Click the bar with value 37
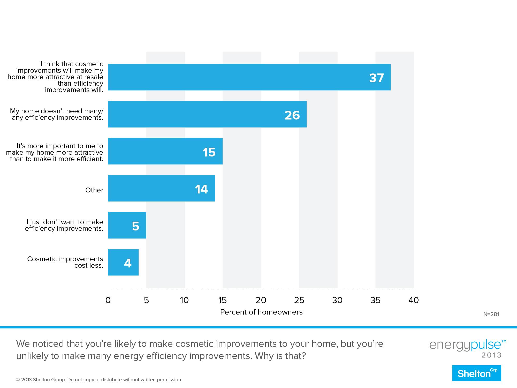(x=249, y=77)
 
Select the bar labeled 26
(x=207, y=114)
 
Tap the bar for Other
(x=161, y=188)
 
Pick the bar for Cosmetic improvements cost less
(x=123, y=262)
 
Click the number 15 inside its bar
(x=209, y=152)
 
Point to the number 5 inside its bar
(x=135, y=226)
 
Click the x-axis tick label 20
(x=261, y=300)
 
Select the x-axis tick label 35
(x=375, y=300)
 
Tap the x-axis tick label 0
(x=108, y=300)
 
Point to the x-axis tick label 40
(x=413, y=300)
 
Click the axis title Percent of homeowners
(x=261, y=312)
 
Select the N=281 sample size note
(x=491, y=314)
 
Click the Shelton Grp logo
(x=476, y=373)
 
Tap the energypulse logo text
(x=467, y=345)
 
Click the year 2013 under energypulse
(x=491, y=355)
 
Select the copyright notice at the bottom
(x=99, y=380)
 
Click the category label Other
(x=94, y=190)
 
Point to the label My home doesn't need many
(x=56, y=111)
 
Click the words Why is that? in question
(x=280, y=356)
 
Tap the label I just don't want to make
(x=64, y=222)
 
